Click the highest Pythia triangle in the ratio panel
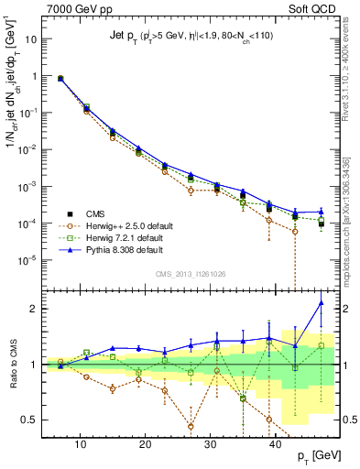pyautogui.click(x=322, y=303)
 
